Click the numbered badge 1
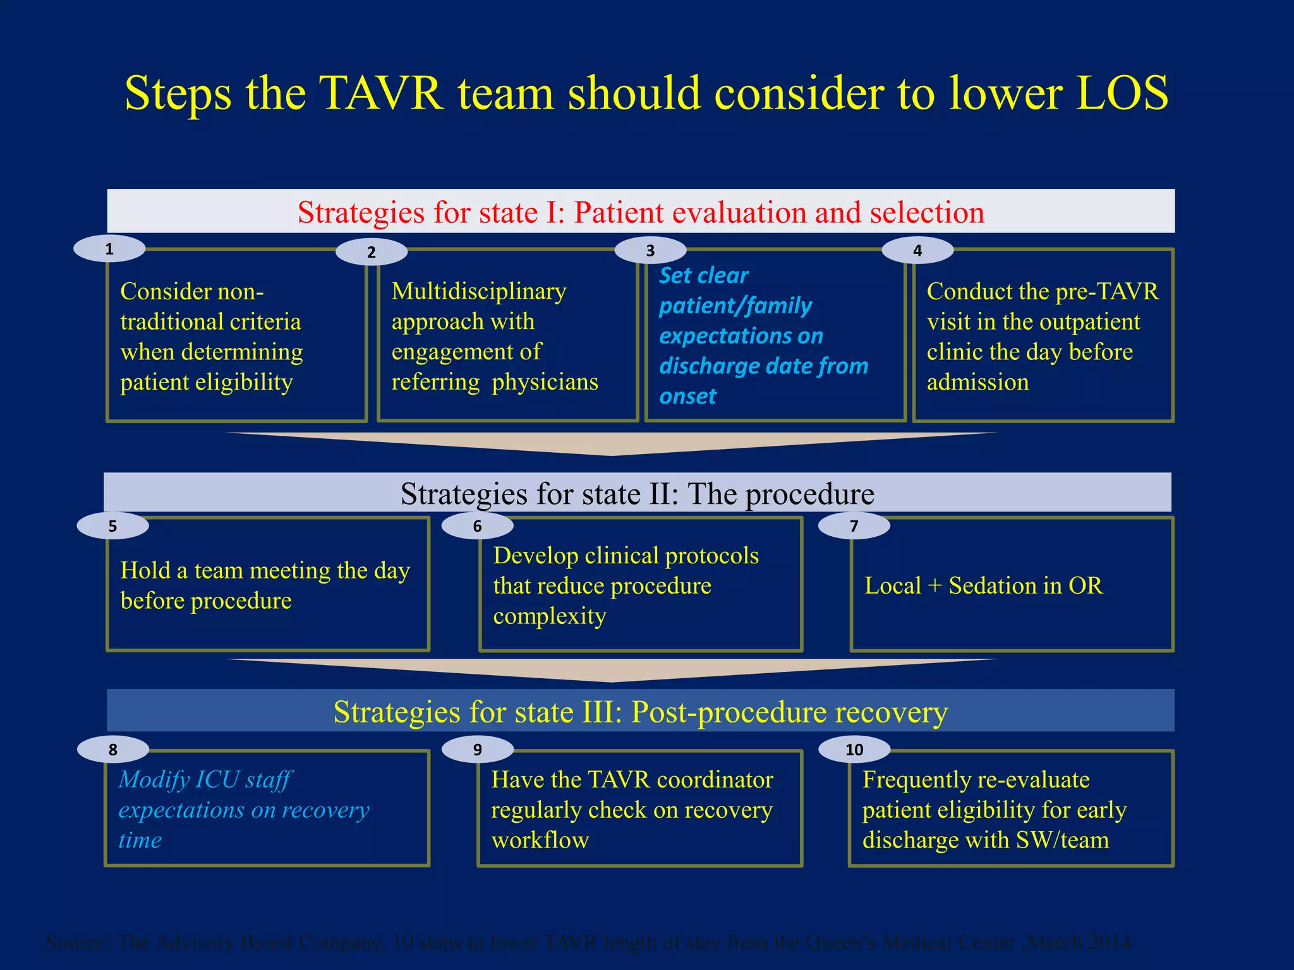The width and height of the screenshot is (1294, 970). point(109,249)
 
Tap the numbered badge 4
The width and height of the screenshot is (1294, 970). point(917,251)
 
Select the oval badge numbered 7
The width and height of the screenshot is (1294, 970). point(854,526)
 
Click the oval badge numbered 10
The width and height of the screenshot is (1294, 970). point(854,750)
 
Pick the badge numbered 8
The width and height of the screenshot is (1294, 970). point(113,750)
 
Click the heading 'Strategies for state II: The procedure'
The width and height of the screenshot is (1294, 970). point(637,493)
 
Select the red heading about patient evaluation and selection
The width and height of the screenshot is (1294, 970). point(641,212)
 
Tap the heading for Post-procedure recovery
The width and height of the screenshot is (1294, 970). point(641,712)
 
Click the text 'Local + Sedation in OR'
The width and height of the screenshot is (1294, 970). point(983,585)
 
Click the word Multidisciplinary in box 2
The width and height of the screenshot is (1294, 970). point(479,291)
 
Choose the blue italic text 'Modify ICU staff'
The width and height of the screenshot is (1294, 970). point(205,780)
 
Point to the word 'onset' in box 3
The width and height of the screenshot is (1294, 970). point(687,397)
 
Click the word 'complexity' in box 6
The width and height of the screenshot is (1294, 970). point(550,616)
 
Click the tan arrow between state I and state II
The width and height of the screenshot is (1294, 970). point(612,443)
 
